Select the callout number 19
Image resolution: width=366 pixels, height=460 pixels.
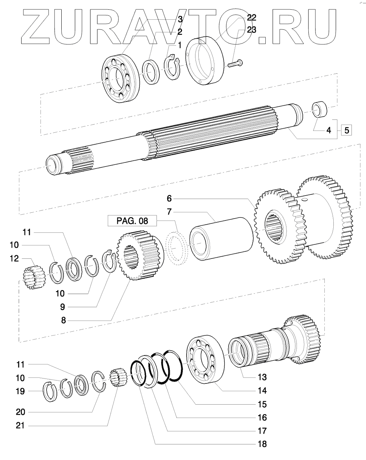click(20, 391)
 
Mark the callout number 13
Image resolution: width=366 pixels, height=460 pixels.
click(262, 377)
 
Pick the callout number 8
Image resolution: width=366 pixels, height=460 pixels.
click(64, 320)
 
